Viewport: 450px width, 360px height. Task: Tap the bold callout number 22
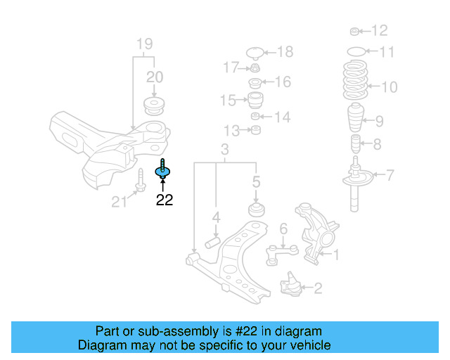coord(164,200)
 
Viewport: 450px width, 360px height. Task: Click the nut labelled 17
coord(255,69)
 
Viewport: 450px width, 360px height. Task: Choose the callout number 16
coord(282,82)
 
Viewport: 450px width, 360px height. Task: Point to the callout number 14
coord(282,117)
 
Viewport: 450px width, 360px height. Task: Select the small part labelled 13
coord(257,130)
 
